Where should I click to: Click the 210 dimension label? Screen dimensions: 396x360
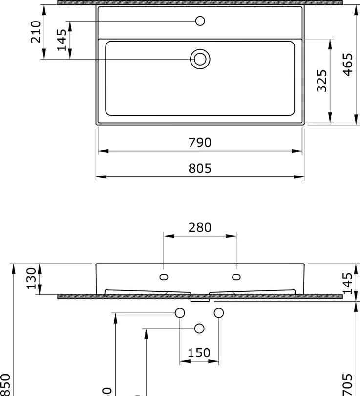point(36,31)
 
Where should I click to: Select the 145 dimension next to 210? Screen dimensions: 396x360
point(62,40)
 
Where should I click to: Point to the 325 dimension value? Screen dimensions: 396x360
point(322,81)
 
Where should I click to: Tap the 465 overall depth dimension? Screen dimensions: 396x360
point(347,64)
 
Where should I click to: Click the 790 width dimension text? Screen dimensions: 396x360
point(200,143)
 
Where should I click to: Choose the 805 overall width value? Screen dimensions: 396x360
point(200,169)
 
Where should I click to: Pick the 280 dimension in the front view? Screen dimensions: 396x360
point(200,228)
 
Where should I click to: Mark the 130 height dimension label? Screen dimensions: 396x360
point(32,279)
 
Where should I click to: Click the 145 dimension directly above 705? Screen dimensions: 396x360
point(347,284)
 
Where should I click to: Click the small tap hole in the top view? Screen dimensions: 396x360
point(200,21)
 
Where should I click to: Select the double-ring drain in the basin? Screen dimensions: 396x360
point(200,59)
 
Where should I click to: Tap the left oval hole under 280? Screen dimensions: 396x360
point(164,277)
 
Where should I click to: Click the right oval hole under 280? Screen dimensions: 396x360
point(236,277)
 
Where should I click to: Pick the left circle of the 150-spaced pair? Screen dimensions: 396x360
point(180,313)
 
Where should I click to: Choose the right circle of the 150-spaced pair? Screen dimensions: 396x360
point(218,313)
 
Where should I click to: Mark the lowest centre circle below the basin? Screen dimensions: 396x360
point(199,329)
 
